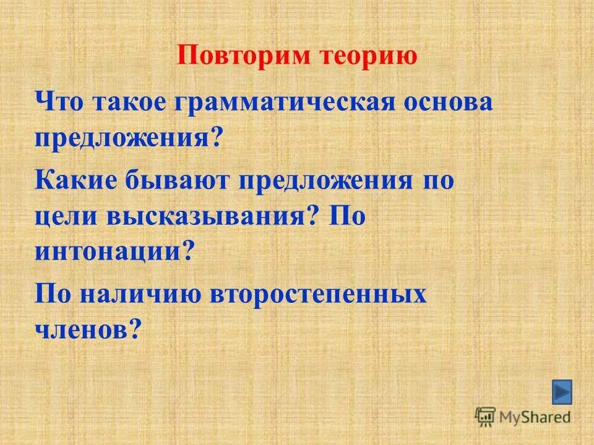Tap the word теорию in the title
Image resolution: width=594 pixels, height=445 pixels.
coord(368,56)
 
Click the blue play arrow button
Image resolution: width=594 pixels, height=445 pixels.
coord(562,392)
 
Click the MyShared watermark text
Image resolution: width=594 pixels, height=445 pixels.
coord(535,417)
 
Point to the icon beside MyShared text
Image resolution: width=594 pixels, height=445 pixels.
coord(485,416)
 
